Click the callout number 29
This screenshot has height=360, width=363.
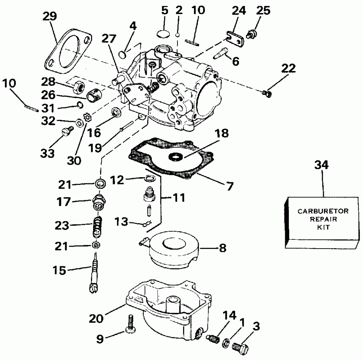50,17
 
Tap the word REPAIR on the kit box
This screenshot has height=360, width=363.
323,219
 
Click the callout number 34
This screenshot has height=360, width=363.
322,165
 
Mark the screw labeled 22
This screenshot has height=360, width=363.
266,94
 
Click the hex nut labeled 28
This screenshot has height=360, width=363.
78,84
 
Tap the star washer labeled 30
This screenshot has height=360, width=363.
86,118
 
